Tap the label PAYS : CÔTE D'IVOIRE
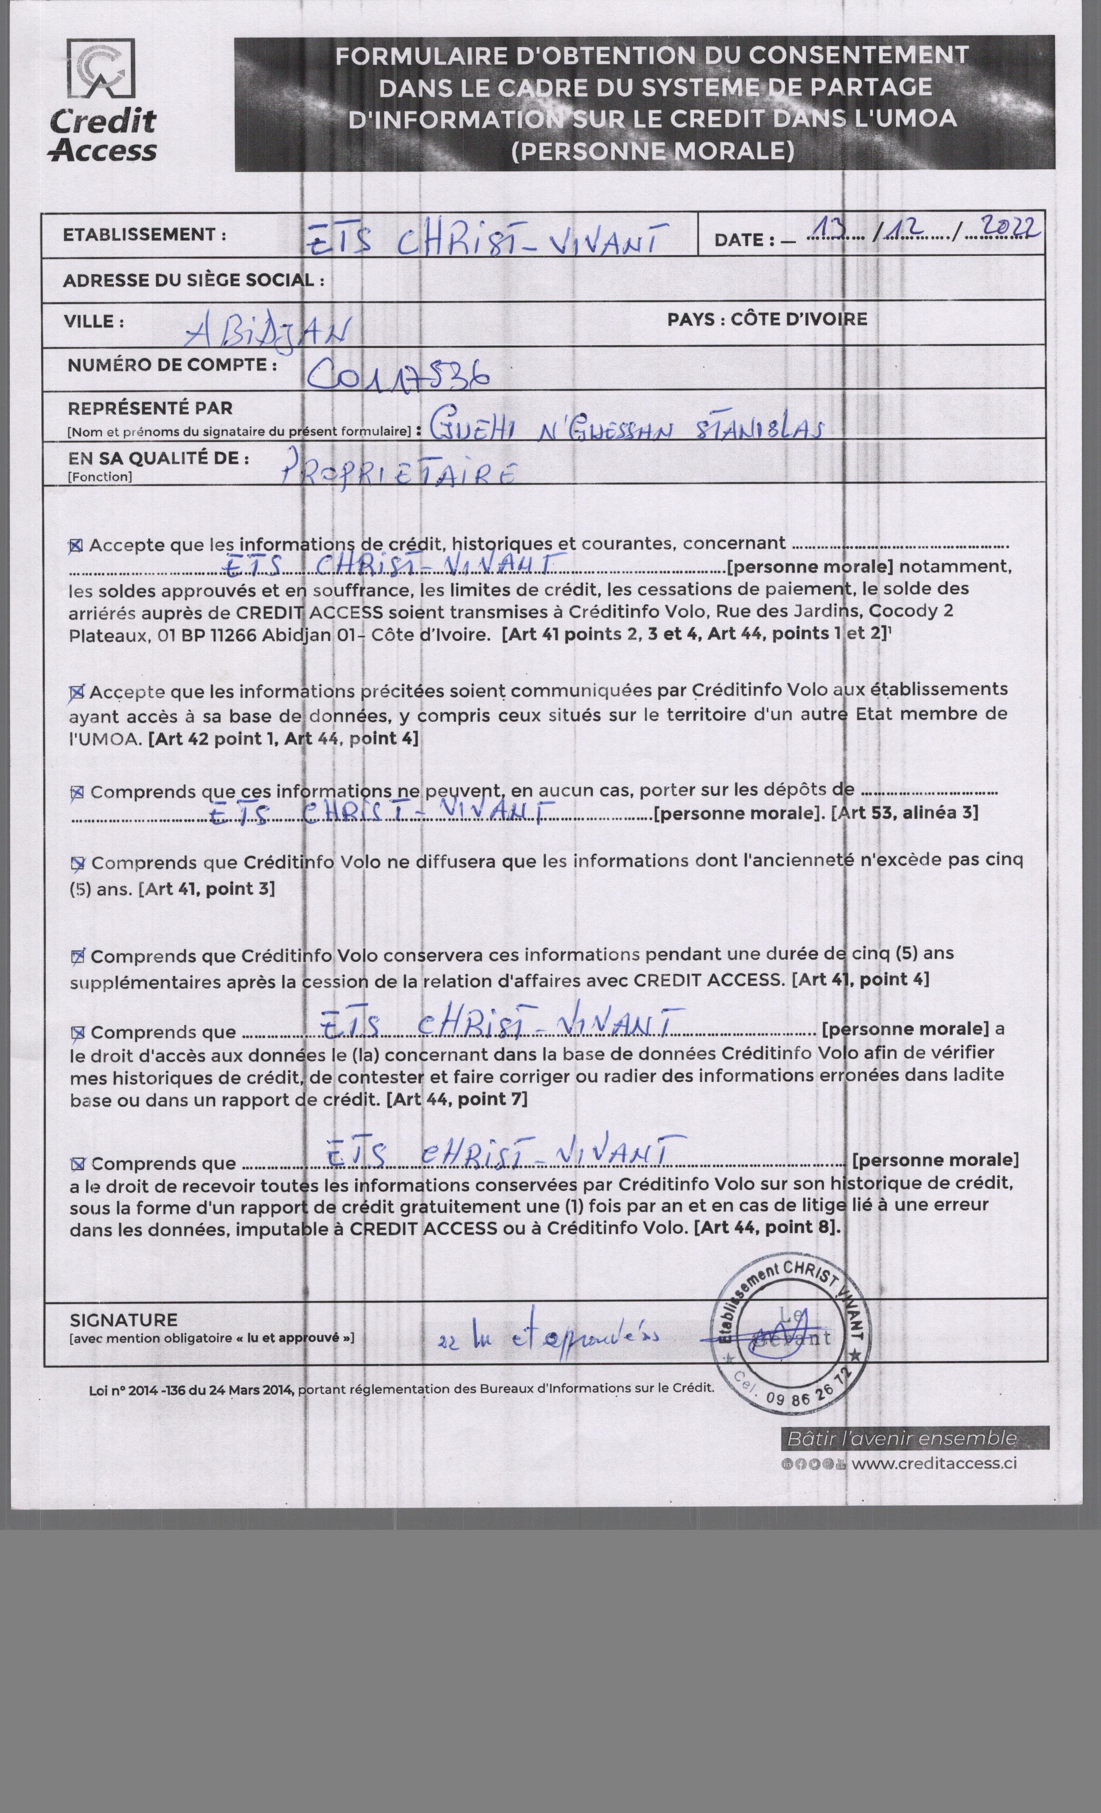(x=767, y=319)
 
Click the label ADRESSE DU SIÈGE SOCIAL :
(x=193, y=280)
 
